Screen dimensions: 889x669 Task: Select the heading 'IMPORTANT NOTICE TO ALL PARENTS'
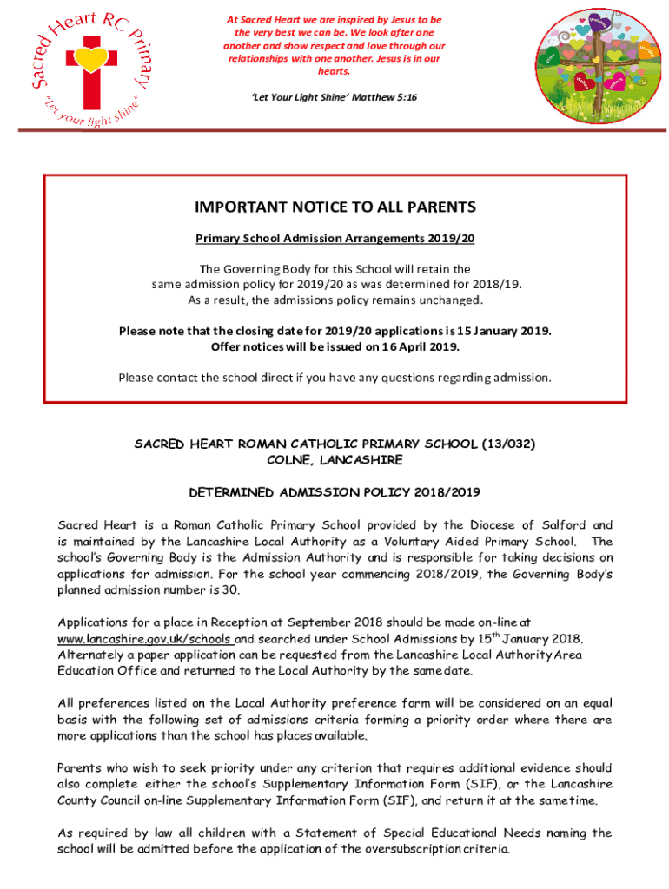click(335, 207)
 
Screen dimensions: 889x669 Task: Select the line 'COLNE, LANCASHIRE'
click(334, 459)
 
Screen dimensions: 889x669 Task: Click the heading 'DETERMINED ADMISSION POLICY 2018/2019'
click(334, 492)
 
